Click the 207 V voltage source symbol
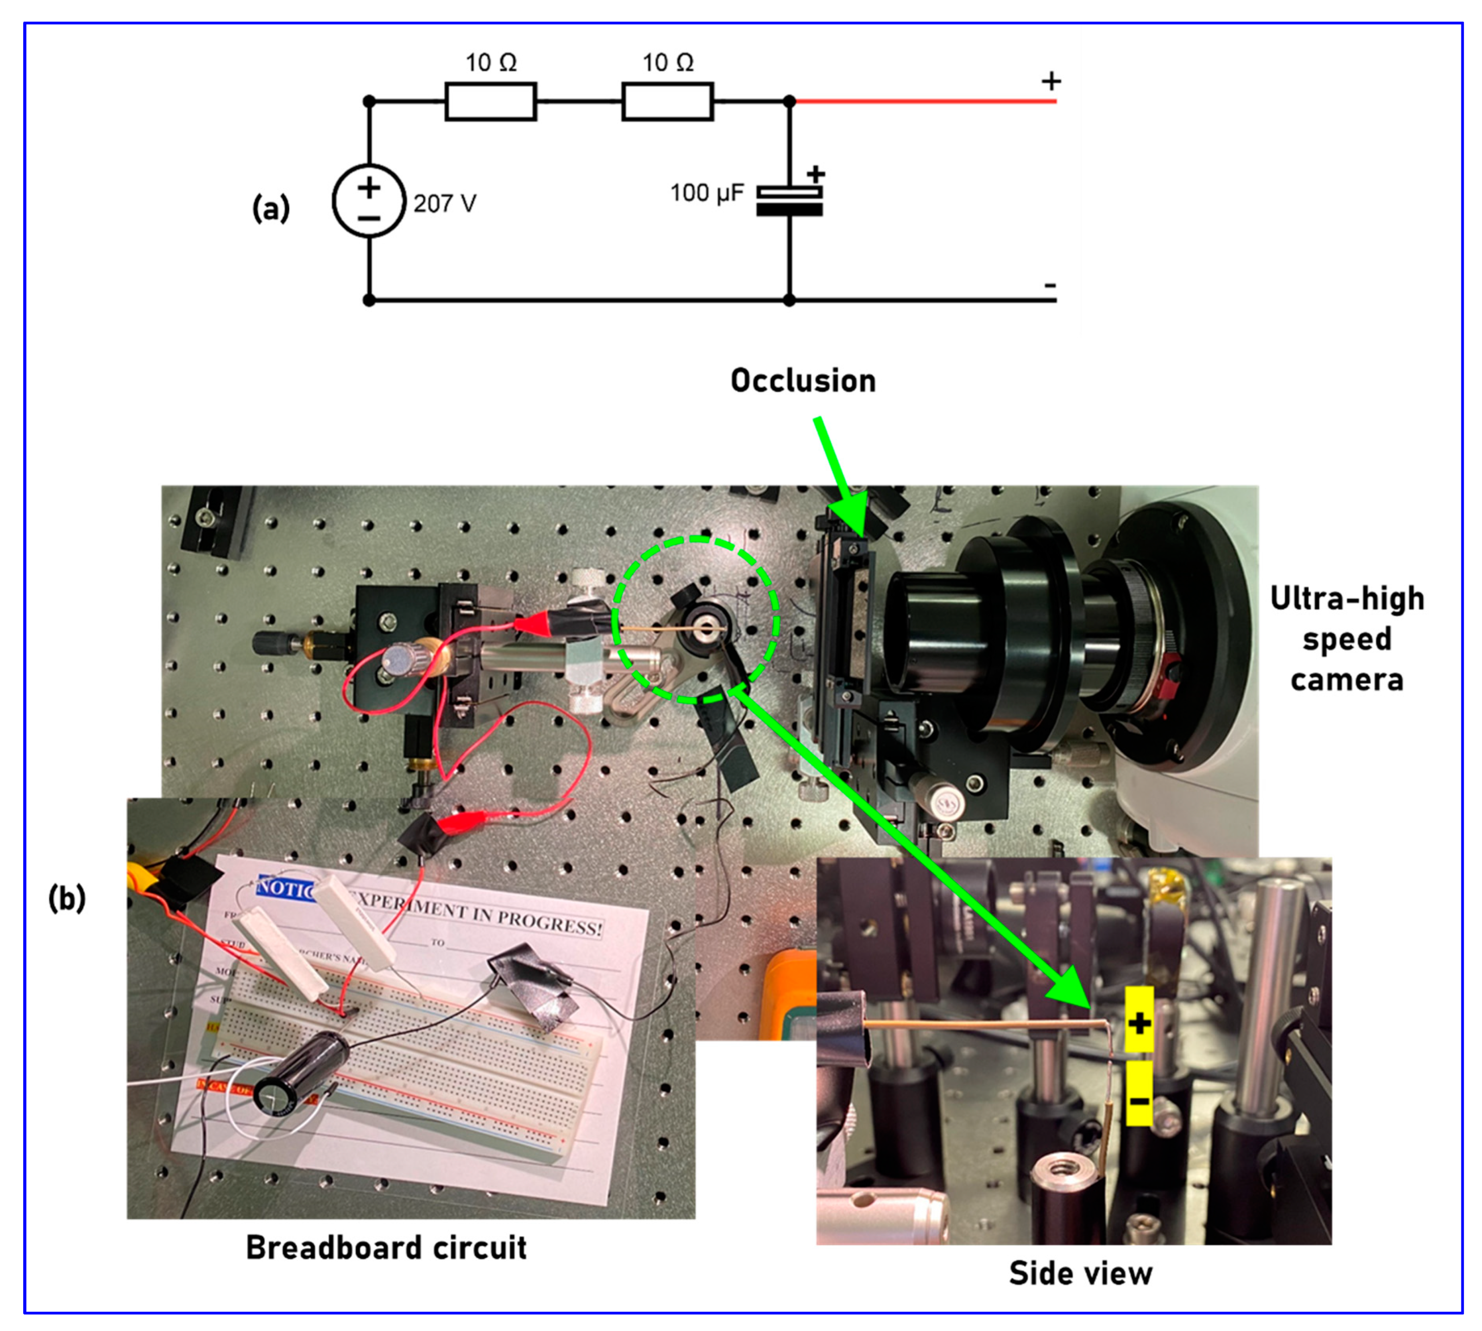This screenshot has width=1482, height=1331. (x=368, y=200)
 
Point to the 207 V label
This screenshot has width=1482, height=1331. (x=445, y=203)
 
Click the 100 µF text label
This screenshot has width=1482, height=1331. (x=706, y=193)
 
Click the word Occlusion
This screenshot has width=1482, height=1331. (x=803, y=381)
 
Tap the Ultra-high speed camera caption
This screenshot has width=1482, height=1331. (x=1347, y=638)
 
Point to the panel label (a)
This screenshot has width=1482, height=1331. (x=270, y=209)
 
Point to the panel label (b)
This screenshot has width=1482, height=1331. (x=66, y=898)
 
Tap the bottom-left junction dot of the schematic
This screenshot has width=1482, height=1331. (x=369, y=300)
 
